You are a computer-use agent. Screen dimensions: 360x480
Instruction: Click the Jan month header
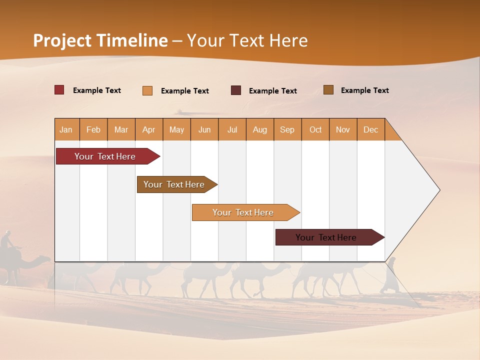click(x=66, y=129)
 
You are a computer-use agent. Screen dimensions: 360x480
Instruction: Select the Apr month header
click(x=149, y=129)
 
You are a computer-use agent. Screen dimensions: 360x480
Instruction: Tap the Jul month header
click(x=232, y=129)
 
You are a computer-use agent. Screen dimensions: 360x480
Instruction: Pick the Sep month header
click(x=287, y=129)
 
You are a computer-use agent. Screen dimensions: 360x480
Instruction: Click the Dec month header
click(x=371, y=129)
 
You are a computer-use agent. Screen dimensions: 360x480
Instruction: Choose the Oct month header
click(x=315, y=129)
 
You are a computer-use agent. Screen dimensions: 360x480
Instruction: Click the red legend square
click(x=59, y=90)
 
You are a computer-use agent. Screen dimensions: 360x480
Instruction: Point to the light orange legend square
click(x=147, y=90)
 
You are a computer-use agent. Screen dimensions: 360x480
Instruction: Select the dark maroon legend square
click(x=236, y=90)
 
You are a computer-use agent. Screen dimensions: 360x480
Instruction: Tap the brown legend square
click(x=328, y=90)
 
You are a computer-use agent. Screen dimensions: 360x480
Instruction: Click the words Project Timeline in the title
click(x=100, y=40)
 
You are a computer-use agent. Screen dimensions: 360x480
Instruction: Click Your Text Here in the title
click(x=247, y=40)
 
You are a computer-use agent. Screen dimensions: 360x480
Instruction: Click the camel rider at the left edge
click(x=6, y=240)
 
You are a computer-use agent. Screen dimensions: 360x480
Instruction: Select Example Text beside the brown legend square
click(x=364, y=90)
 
